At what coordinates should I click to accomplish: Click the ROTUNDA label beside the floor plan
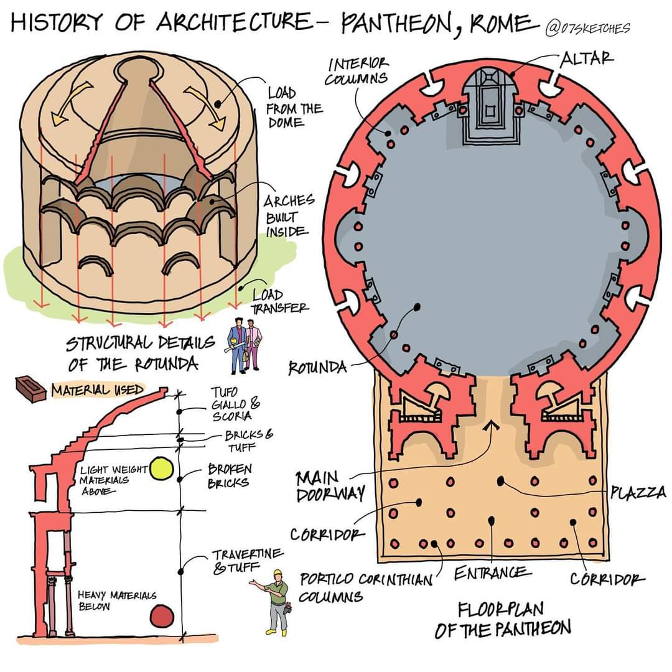(317, 368)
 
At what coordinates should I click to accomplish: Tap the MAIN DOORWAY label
(326, 486)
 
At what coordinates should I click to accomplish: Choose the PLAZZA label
(638, 493)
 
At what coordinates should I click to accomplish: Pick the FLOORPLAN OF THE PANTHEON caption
(502, 618)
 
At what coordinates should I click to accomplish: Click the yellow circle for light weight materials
(161, 469)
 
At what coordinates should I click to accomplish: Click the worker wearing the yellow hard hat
(276, 600)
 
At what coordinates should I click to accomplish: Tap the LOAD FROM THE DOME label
(294, 107)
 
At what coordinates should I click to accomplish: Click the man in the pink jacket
(253, 346)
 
